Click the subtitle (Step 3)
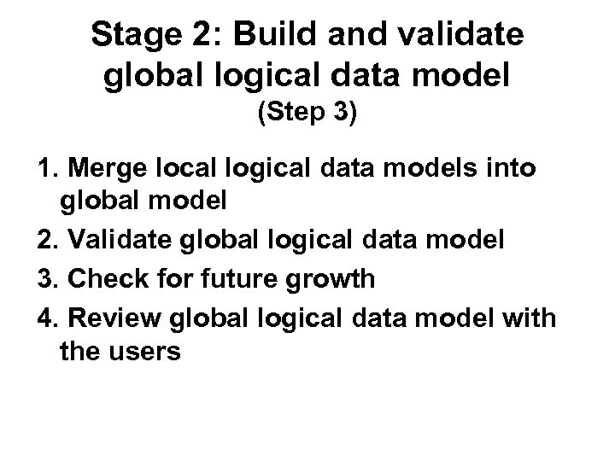point(307,115)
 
